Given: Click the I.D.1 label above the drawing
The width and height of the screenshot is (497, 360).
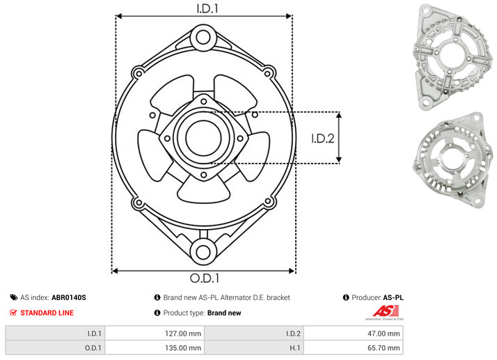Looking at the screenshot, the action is pyautogui.click(x=207, y=8).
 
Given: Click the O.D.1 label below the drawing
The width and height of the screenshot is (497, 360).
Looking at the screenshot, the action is pyautogui.click(x=205, y=278).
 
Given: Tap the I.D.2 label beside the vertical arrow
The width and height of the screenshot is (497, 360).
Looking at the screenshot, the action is pyautogui.click(x=323, y=139).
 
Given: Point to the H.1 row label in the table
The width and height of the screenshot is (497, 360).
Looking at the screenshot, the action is pyautogui.click(x=294, y=348).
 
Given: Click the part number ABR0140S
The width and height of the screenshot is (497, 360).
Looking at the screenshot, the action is pyautogui.click(x=69, y=297).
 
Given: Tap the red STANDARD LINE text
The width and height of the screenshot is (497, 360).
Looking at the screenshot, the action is pyautogui.click(x=47, y=313).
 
